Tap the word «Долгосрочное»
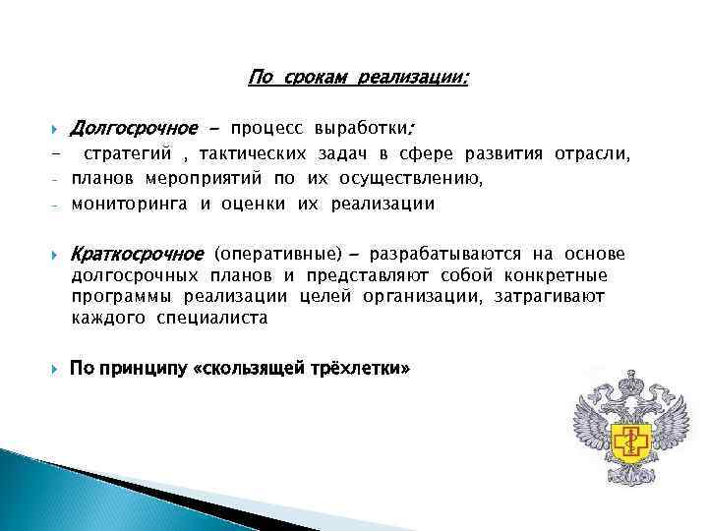(131, 129)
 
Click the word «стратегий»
(127, 154)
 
